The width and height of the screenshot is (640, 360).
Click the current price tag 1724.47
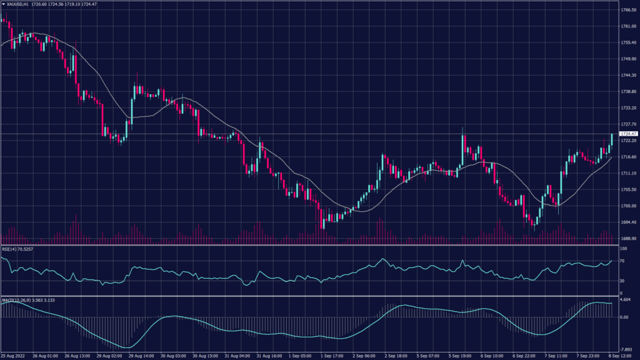(628, 134)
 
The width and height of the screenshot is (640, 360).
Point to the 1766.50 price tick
(628, 10)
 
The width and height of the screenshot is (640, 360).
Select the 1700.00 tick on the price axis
(628, 206)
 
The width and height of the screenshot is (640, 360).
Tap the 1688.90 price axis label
(628, 238)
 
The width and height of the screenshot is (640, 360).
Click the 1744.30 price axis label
(628, 75)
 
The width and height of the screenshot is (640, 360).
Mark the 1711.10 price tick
(628, 173)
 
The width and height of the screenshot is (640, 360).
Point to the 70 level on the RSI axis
(622, 261)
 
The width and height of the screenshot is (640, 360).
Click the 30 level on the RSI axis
(622, 281)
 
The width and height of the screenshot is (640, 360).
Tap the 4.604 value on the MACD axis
(626, 301)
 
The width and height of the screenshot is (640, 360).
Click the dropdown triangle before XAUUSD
(3, 4)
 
